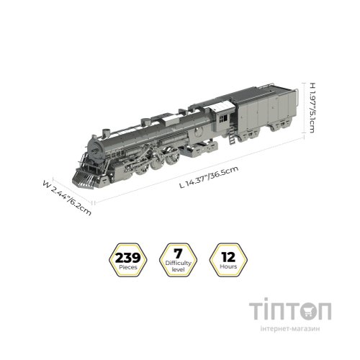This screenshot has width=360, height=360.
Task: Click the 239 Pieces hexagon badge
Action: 128,260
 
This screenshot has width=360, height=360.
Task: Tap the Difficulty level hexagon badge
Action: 178,260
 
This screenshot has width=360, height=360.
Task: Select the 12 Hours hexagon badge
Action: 228,260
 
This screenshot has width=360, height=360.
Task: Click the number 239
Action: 128,258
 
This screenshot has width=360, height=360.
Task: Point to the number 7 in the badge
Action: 178,253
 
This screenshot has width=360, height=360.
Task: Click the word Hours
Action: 228,266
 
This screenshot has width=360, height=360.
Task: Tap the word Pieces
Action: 128,267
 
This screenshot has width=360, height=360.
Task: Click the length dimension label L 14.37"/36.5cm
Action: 209,176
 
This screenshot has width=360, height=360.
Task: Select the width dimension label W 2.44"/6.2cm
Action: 67,198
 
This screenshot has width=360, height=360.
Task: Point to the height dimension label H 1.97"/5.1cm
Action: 312,108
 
